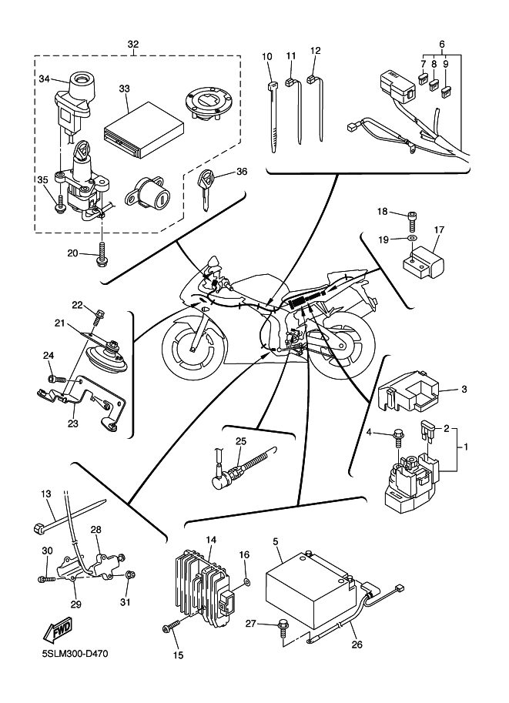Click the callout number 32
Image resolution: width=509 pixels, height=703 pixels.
(133, 44)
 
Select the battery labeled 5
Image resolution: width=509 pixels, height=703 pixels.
(311, 588)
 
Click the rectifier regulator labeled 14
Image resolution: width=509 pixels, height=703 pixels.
(205, 584)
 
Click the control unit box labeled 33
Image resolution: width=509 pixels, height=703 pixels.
(143, 129)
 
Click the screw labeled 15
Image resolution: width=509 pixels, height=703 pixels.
(171, 626)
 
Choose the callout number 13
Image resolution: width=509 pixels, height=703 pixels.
(46, 494)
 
